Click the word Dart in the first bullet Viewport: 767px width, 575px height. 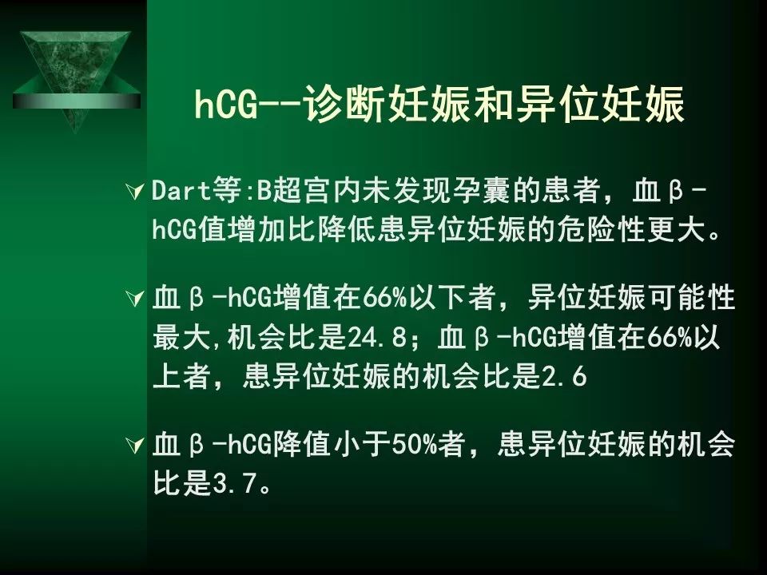tap(181, 190)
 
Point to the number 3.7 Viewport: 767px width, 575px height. tap(235, 484)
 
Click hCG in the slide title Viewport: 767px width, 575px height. tap(226, 103)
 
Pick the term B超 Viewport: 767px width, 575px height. tap(272, 190)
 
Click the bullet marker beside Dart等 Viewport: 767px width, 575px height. tap(134, 191)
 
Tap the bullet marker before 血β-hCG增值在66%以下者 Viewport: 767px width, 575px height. tap(134, 298)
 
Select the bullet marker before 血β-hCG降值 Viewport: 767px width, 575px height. tap(134, 445)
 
